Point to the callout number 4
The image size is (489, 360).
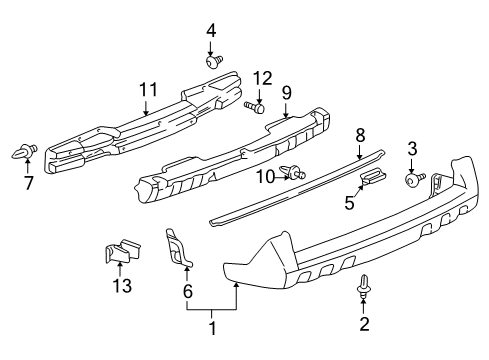[x=211, y=31]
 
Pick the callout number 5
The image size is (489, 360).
[x=350, y=203]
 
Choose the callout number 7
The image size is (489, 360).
[x=28, y=184]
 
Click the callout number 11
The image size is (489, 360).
[x=147, y=91]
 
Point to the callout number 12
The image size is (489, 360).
[x=261, y=78]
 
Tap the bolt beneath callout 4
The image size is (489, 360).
[x=214, y=61]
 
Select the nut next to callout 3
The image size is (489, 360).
[x=411, y=179]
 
